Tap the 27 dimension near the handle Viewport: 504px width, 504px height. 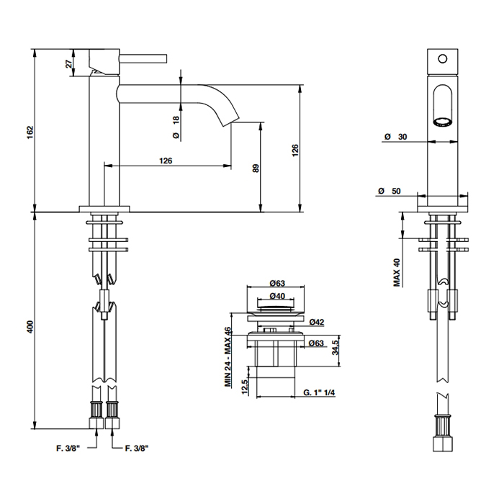pyautogui.click(x=69, y=63)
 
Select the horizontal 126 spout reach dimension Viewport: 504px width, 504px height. pyautogui.click(x=165, y=161)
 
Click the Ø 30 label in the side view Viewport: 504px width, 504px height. pyautogui.click(x=393, y=136)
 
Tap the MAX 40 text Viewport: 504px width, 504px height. pyautogui.click(x=397, y=273)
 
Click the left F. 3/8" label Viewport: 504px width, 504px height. pyautogui.click(x=71, y=447)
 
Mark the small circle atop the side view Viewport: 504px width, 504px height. pyautogui.click(x=443, y=57)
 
